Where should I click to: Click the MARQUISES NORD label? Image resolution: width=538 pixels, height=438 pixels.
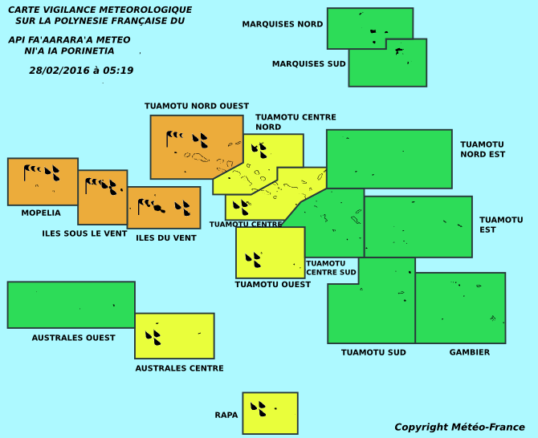pos(282,24)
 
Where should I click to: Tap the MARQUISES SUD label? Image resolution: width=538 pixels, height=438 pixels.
pos(308,64)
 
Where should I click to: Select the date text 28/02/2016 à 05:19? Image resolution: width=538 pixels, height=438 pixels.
pos(81,71)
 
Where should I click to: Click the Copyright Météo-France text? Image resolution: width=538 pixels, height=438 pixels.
pos(459,427)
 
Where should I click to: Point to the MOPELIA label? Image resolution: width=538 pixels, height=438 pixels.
pos(41,213)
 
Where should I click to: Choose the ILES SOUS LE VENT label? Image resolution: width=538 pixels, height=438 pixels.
pos(84,233)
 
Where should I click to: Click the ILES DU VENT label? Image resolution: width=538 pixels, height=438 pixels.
pos(166,238)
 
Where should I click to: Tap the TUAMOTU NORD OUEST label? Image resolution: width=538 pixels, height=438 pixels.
pos(197,106)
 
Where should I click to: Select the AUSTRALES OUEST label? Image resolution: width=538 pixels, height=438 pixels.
pos(73,338)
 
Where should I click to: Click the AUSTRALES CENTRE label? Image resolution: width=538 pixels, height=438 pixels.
pos(179,368)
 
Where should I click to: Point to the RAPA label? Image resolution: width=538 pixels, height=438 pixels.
pos(226,415)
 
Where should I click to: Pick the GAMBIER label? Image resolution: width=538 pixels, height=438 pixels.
pos(470,352)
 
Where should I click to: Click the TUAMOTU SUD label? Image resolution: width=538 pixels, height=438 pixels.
pos(373,352)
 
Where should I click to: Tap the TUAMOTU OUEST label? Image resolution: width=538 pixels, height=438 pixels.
pos(272,285)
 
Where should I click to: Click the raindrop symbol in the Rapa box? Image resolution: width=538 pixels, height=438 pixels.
pos(258,408)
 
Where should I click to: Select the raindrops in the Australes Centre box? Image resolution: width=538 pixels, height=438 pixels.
pos(153,337)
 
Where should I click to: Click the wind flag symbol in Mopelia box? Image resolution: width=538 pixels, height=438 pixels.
pos(33,170)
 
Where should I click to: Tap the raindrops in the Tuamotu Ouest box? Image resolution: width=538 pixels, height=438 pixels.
pos(253,260)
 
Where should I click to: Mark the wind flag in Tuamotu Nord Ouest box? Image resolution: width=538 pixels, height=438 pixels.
pos(174,139)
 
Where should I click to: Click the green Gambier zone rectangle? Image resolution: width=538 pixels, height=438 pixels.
pos(460,308)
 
